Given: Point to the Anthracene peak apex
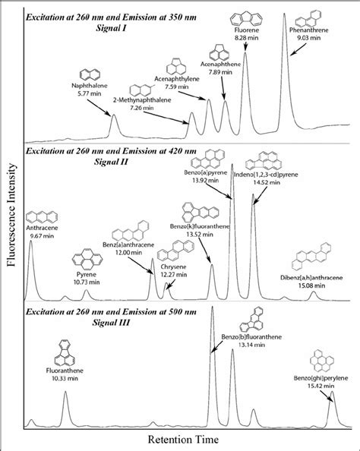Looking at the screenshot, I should [30, 241].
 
